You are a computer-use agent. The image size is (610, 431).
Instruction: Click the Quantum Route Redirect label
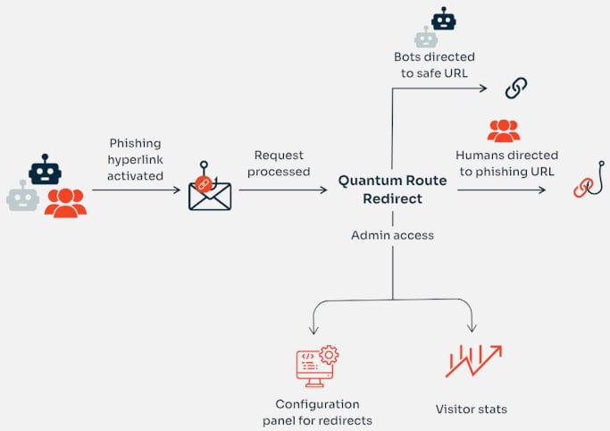point(392,189)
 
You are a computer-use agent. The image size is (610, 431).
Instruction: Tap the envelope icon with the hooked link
point(210,190)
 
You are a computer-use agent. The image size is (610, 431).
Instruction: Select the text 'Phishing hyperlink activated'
point(136,159)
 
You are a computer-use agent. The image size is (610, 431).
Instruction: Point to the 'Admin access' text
point(392,234)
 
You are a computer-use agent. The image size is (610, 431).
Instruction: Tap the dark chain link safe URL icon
point(516,88)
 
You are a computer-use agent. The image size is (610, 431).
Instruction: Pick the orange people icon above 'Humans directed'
point(504,131)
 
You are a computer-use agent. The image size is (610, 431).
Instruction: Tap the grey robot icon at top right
point(426,37)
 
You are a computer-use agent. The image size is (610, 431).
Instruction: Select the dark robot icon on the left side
point(45,169)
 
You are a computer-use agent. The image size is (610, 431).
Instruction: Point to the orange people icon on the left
point(65,203)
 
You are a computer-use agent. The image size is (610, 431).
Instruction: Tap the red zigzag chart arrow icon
point(472,360)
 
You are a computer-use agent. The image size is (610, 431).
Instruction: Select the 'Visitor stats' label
point(471,409)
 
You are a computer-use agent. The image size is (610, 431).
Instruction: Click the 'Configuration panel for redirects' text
point(317,412)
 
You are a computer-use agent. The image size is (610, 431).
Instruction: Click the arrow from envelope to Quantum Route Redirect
point(282,190)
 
